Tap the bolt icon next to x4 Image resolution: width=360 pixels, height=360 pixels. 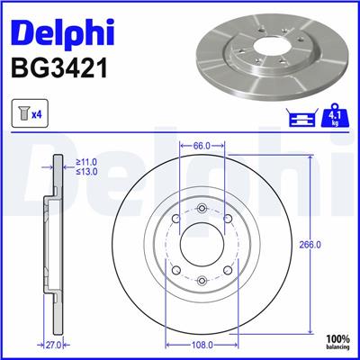point(22,114)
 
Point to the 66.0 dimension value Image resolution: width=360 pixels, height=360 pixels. point(201,144)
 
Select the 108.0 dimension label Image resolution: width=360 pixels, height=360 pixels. point(201,345)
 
